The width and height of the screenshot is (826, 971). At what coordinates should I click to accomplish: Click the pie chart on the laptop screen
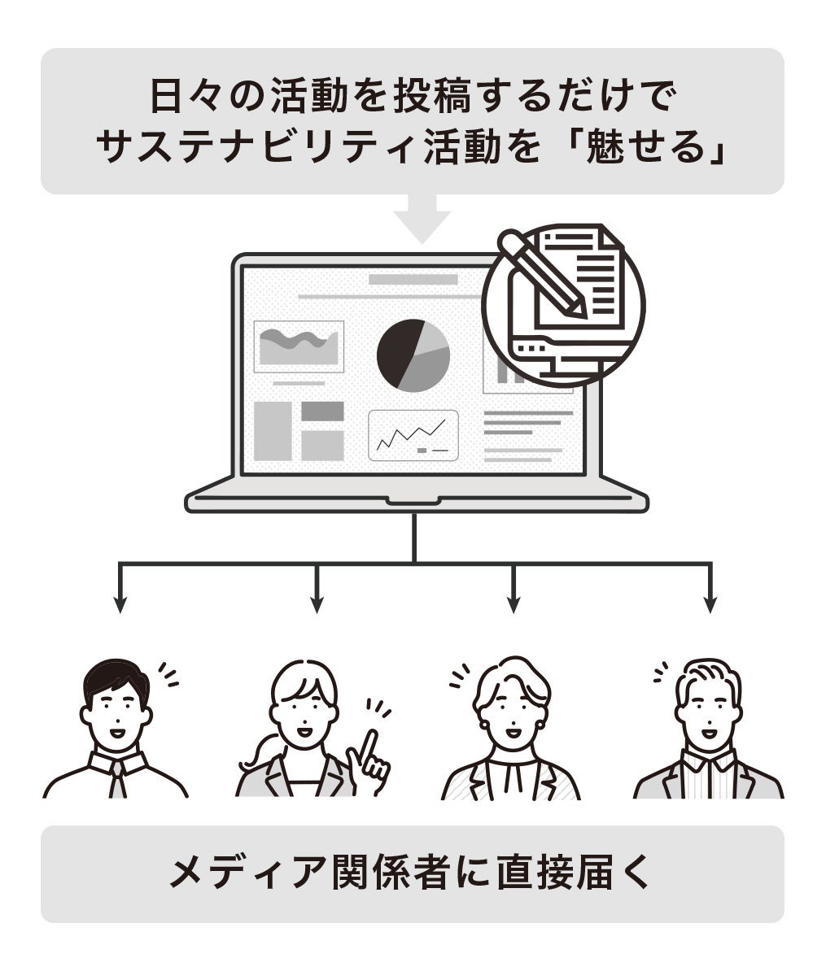click(413, 355)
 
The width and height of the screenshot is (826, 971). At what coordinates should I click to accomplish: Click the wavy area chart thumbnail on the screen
click(298, 346)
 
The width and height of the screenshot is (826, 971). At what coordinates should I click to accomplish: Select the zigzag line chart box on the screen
click(413, 435)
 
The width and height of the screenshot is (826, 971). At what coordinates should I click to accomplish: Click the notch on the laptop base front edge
click(415, 501)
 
